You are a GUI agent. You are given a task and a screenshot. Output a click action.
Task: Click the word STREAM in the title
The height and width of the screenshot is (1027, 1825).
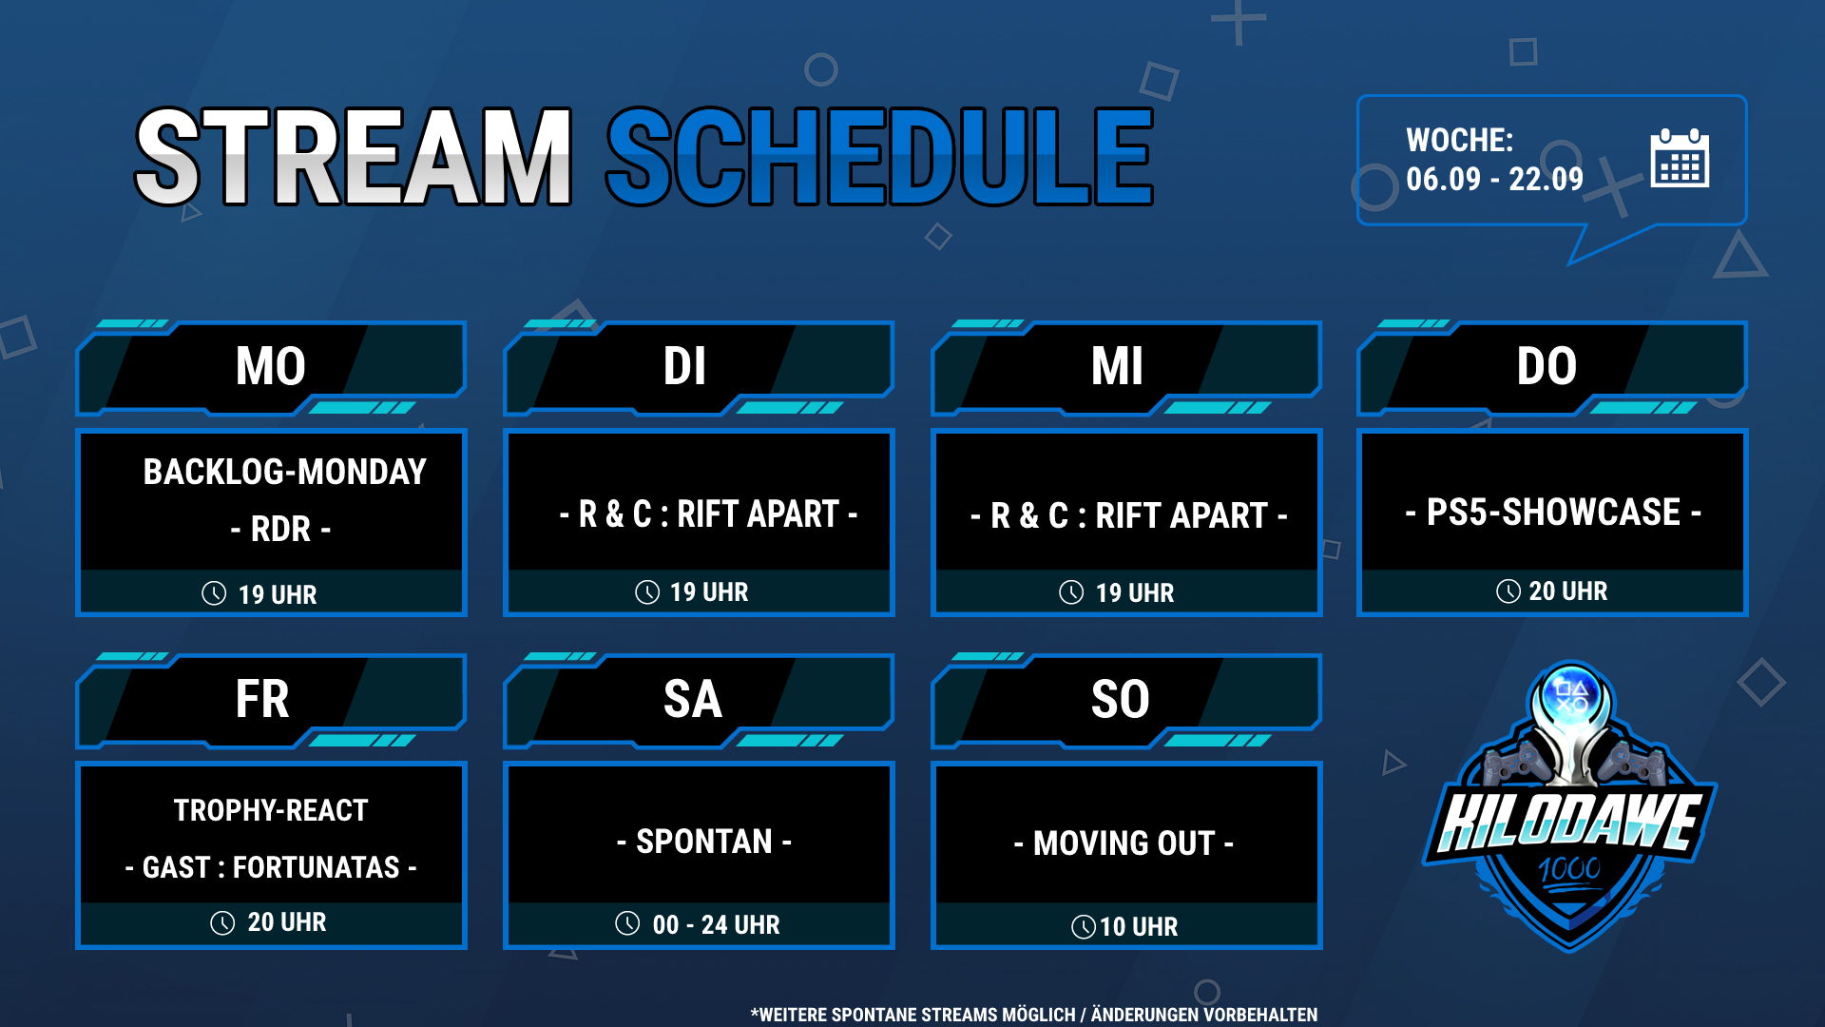pos(354,157)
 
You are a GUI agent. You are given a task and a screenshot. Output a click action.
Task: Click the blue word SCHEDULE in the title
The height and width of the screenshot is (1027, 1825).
pos(880,157)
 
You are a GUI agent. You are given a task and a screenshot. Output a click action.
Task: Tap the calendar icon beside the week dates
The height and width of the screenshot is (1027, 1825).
pos(1680,158)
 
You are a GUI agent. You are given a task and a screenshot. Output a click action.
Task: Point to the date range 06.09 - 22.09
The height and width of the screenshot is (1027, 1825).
pos(1494,179)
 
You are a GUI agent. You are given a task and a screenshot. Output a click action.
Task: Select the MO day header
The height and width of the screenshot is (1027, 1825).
pos(271,366)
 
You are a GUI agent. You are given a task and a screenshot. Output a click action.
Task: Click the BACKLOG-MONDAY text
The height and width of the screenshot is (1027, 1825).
pos(284,472)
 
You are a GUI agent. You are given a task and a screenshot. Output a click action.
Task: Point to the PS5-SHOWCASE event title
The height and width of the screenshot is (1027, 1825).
pos(1553,513)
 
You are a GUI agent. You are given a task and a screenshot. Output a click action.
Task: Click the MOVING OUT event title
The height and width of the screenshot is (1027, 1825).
pos(1124,843)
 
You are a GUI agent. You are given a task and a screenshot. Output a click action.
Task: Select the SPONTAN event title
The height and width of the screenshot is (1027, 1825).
pos(704,842)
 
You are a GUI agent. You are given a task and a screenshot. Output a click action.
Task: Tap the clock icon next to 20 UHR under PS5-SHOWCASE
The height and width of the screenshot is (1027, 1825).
pos(1508,591)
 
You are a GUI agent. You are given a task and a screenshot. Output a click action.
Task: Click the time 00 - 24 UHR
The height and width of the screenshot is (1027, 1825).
pos(716,924)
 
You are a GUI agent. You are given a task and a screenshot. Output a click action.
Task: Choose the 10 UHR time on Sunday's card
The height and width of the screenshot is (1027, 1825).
pos(1139,926)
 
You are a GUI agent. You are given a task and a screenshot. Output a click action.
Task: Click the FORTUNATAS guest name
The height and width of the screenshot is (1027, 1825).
pos(317,867)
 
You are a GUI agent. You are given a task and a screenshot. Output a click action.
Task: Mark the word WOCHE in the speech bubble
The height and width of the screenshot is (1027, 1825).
pos(1459,141)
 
